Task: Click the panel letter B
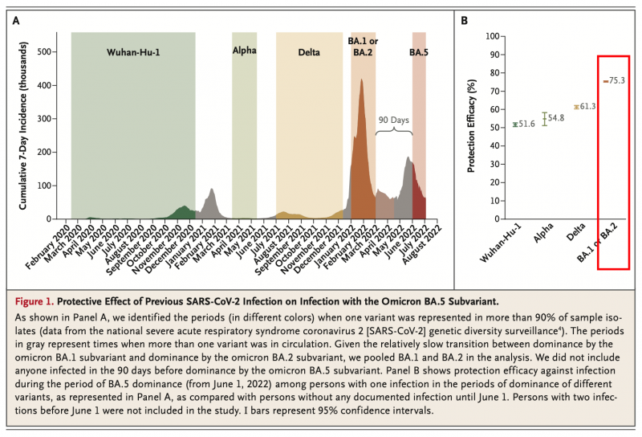pyautogui.click(x=465, y=21)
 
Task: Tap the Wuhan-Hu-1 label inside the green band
pyautogui.click(x=134, y=52)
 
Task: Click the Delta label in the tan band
pyautogui.click(x=308, y=52)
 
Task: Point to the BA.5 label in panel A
pyautogui.click(x=419, y=52)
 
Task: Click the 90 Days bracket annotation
pyautogui.click(x=394, y=119)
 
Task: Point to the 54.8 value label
pyautogui.click(x=557, y=118)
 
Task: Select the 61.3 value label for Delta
pyautogui.click(x=588, y=107)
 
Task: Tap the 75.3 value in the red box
pyautogui.click(x=616, y=80)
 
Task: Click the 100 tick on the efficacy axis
pyautogui.click(x=494, y=36)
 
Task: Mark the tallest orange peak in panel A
pyautogui.click(x=362, y=80)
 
